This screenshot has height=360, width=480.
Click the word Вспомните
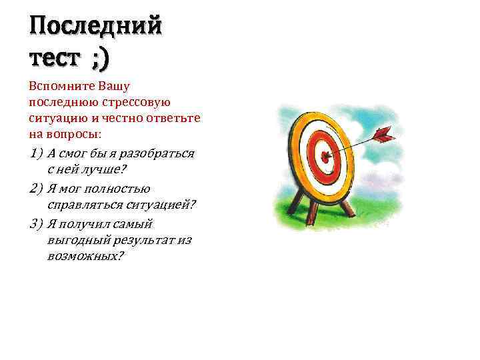pos(61,87)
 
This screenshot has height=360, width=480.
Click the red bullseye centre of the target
pos(325,158)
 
